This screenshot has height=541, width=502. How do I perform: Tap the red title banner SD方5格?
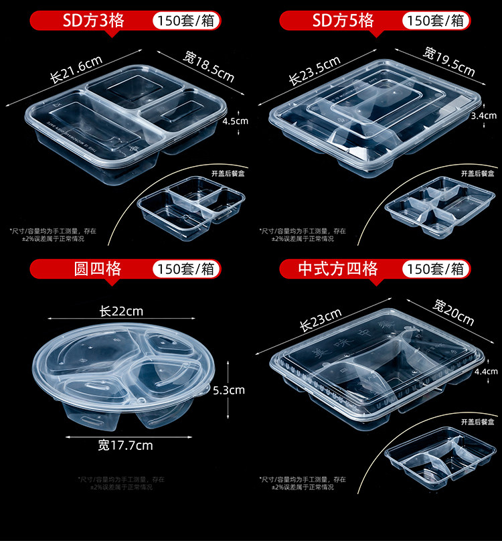point(343,20)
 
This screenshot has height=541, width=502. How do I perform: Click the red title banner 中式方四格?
point(338,269)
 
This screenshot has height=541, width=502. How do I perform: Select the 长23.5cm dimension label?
point(315,70)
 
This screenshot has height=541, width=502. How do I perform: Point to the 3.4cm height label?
point(483,115)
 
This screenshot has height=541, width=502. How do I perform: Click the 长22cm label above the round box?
point(121,311)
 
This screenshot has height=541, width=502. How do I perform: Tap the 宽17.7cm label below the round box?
point(125,445)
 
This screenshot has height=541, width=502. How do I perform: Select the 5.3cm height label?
point(229,390)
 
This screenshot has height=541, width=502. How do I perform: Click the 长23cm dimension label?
point(321,321)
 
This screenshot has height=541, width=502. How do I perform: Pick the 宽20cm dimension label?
point(453,312)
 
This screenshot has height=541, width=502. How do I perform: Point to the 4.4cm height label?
point(485,371)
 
